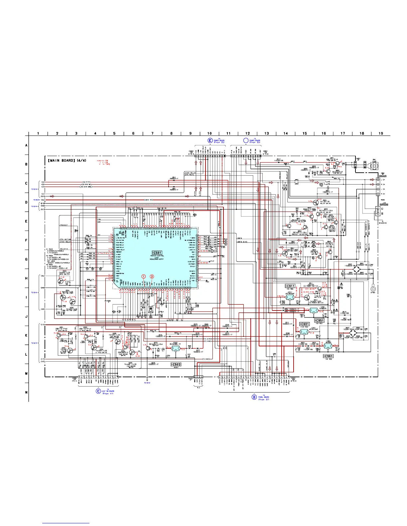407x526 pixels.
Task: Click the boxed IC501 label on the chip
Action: point(157,253)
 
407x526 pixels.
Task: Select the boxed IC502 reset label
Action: point(176,365)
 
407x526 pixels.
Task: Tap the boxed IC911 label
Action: point(290,286)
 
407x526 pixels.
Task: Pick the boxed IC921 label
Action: point(304,324)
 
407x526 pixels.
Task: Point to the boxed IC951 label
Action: point(319,321)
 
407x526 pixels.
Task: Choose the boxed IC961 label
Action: point(328,356)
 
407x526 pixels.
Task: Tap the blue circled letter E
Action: point(210,140)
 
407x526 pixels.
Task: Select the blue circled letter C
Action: point(98,391)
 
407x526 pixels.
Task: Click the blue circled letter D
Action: point(254,397)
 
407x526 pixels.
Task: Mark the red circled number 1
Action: point(144,276)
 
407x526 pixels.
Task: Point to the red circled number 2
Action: point(152,276)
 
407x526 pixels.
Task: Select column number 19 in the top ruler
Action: point(381,133)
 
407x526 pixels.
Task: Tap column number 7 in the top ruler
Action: point(152,133)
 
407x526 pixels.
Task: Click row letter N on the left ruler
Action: point(27,393)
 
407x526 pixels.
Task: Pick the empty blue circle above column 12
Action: point(246,140)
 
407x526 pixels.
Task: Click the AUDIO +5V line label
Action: point(149,200)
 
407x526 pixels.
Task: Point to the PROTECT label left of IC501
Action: point(64,225)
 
